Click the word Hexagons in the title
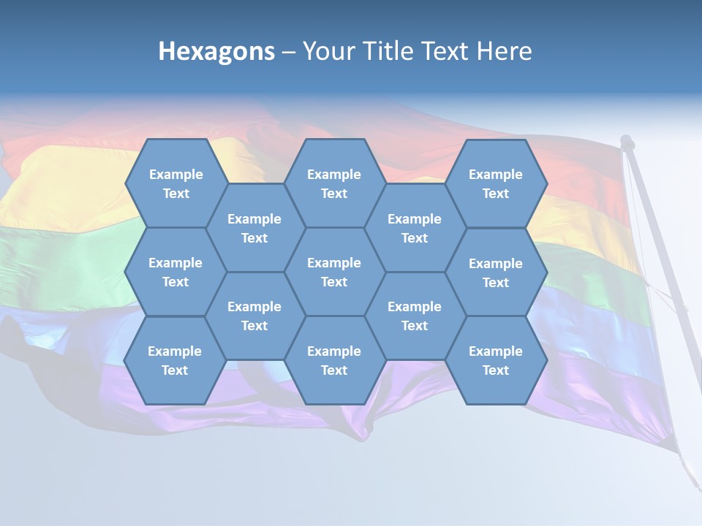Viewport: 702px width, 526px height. click(216, 51)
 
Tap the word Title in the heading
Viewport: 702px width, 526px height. click(385, 51)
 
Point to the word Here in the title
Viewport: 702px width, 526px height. click(505, 51)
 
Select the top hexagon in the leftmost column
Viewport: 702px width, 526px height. click(175, 183)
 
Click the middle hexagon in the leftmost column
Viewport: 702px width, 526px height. click(175, 272)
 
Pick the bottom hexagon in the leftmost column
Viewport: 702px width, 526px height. click(175, 360)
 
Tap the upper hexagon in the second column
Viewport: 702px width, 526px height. click(254, 228)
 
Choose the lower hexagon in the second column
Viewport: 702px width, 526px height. click(254, 316)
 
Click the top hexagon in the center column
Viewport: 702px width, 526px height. click(334, 183)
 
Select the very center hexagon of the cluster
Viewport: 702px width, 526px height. click(334, 272)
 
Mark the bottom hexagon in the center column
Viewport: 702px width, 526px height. click(334, 360)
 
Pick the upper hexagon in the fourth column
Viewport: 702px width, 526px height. click(415, 228)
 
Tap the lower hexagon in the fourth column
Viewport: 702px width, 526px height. click(415, 316)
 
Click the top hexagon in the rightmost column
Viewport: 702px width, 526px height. click(496, 183)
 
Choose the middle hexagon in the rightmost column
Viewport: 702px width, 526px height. click(496, 272)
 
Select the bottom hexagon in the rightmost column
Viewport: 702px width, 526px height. click(496, 360)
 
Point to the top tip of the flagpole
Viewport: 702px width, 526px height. click(627, 139)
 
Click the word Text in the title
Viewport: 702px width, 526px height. click(447, 51)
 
